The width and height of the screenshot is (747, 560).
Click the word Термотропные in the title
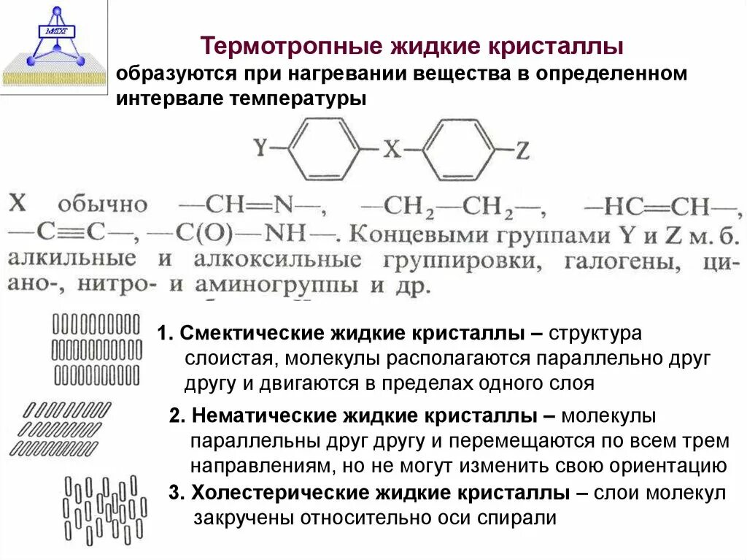point(280,47)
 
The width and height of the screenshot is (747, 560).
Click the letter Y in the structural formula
point(260,149)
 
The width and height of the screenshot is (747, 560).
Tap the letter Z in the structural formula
point(522,150)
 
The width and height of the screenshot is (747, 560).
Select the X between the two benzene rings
point(392,150)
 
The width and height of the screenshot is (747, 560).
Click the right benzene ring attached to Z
point(459,149)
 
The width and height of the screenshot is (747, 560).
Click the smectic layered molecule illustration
point(97,348)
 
